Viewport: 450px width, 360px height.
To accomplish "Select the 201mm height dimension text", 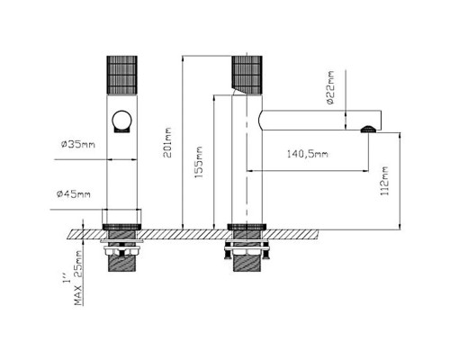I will pos(168,139).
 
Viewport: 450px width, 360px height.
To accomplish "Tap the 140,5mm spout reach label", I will pos(307,153).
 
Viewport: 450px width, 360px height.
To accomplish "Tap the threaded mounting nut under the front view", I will pos(122,261).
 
